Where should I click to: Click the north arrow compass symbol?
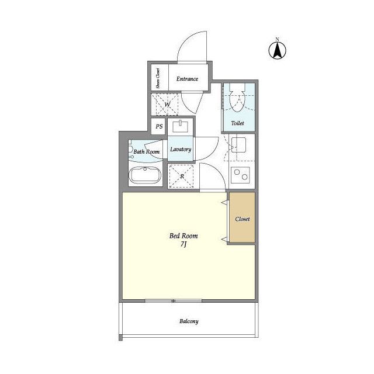pyautogui.click(x=278, y=49)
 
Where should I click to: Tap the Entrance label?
pyautogui.click(x=187, y=79)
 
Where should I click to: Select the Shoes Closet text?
pyautogui.click(x=158, y=78)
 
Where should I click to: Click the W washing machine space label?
pyautogui.click(x=167, y=105)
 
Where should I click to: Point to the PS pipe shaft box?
pyautogui.click(x=159, y=126)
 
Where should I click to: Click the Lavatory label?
pyautogui.click(x=181, y=150)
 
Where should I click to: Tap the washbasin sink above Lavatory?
pyautogui.click(x=181, y=126)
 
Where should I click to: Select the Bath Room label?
pyautogui.click(x=147, y=152)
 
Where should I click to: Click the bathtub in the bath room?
pyautogui.click(x=145, y=175)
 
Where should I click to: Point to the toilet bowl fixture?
pyautogui.click(x=237, y=98)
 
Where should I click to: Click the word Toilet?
pyautogui.click(x=238, y=123)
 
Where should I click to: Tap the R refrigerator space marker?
pyautogui.click(x=182, y=176)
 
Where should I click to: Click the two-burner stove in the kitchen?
pyautogui.click(x=240, y=175)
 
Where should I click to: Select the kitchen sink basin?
pyautogui.click(x=238, y=145)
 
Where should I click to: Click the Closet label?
pyautogui.click(x=243, y=219)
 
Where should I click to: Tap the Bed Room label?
pyautogui.click(x=183, y=236)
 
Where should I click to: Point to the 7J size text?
pyautogui.click(x=183, y=244)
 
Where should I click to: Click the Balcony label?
pyautogui.click(x=189, y=321)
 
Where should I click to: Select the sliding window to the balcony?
pyautogui.click(x=174, y=301)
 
